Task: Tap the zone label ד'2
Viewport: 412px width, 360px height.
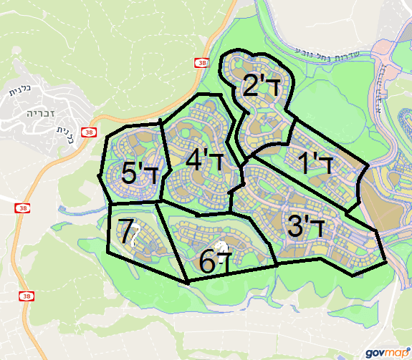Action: (260, 85)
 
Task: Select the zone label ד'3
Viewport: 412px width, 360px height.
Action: (306, 226)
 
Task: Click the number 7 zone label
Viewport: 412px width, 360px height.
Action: (128, 232)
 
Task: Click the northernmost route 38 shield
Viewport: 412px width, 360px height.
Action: (199, 63)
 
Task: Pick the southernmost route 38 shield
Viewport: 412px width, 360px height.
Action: (27, 296)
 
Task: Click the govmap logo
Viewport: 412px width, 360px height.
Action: (387, 352)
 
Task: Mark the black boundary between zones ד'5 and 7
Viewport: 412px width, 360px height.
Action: (133, 203)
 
